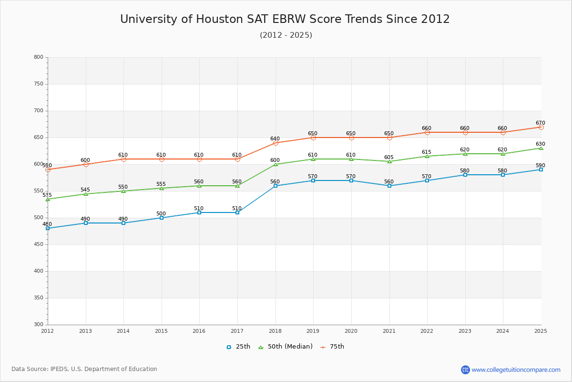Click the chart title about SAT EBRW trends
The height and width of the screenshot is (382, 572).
(x=285, y=19)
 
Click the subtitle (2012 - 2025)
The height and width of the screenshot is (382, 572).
(x=286, y=35)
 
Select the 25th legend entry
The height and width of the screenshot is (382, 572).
(x=238, y=347)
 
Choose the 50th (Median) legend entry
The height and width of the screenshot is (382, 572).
(x=286, y=347)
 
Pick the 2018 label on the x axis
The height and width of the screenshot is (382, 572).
(x=275, y=331)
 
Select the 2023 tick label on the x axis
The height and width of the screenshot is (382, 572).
(x=465, y=331)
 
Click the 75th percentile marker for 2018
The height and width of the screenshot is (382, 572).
(x=276, y=143)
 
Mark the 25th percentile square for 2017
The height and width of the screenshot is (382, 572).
(x=237, y=212)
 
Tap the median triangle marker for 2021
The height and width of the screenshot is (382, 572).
(x=389, y=161)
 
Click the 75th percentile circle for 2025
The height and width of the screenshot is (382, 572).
(x=541, y=127)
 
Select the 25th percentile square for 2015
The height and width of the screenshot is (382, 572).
(x=162, y=218)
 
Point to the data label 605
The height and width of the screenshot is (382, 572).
(x=389, y=158)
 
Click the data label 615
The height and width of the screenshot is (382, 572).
(x=427, y=152)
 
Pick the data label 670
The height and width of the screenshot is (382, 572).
(x=540, y=123)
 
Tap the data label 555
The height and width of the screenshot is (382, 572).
(x=161, y=184)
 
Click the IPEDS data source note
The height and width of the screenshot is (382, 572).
(x=84, y=369)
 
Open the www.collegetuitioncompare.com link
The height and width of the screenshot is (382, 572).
(x=516, y=370)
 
